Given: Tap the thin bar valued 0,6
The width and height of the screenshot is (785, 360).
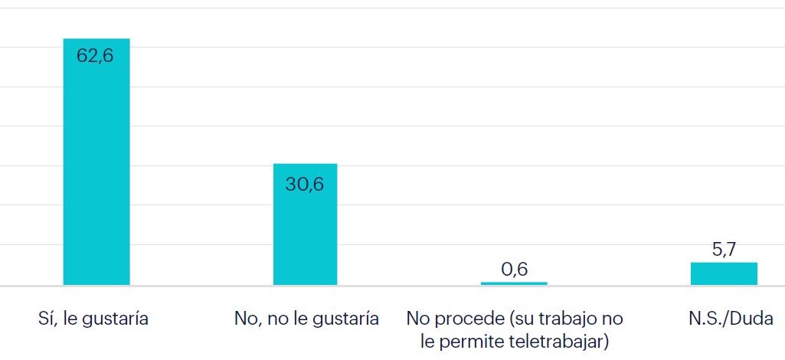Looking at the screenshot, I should [x=514, y=283].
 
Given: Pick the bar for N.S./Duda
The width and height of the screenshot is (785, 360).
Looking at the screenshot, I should [x=724, y=273].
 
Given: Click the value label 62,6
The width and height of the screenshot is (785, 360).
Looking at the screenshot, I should [x=95, y=56].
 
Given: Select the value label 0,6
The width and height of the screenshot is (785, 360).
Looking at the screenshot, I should [x=514, y=269].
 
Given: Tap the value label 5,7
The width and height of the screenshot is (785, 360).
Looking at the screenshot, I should [x=724, y=250].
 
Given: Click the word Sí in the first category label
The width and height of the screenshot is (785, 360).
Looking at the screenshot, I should [x=47, y=319].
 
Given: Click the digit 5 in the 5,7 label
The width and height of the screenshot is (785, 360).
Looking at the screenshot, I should [x=715, y=250].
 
